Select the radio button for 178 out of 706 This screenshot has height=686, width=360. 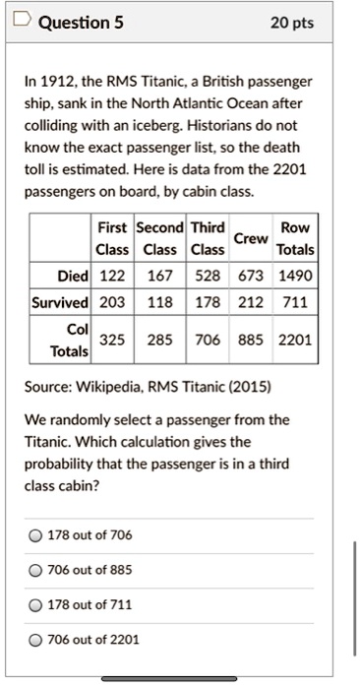35,534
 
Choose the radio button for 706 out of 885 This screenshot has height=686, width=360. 35,570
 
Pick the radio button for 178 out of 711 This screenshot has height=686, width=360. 35,604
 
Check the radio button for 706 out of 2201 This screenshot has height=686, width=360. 35,640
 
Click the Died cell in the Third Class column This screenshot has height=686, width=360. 208,275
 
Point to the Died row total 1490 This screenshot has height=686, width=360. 295,275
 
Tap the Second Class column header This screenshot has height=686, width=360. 158,238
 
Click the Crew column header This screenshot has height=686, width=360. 251,238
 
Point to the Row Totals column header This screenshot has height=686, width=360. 295,238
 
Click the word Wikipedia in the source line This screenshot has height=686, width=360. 111,385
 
